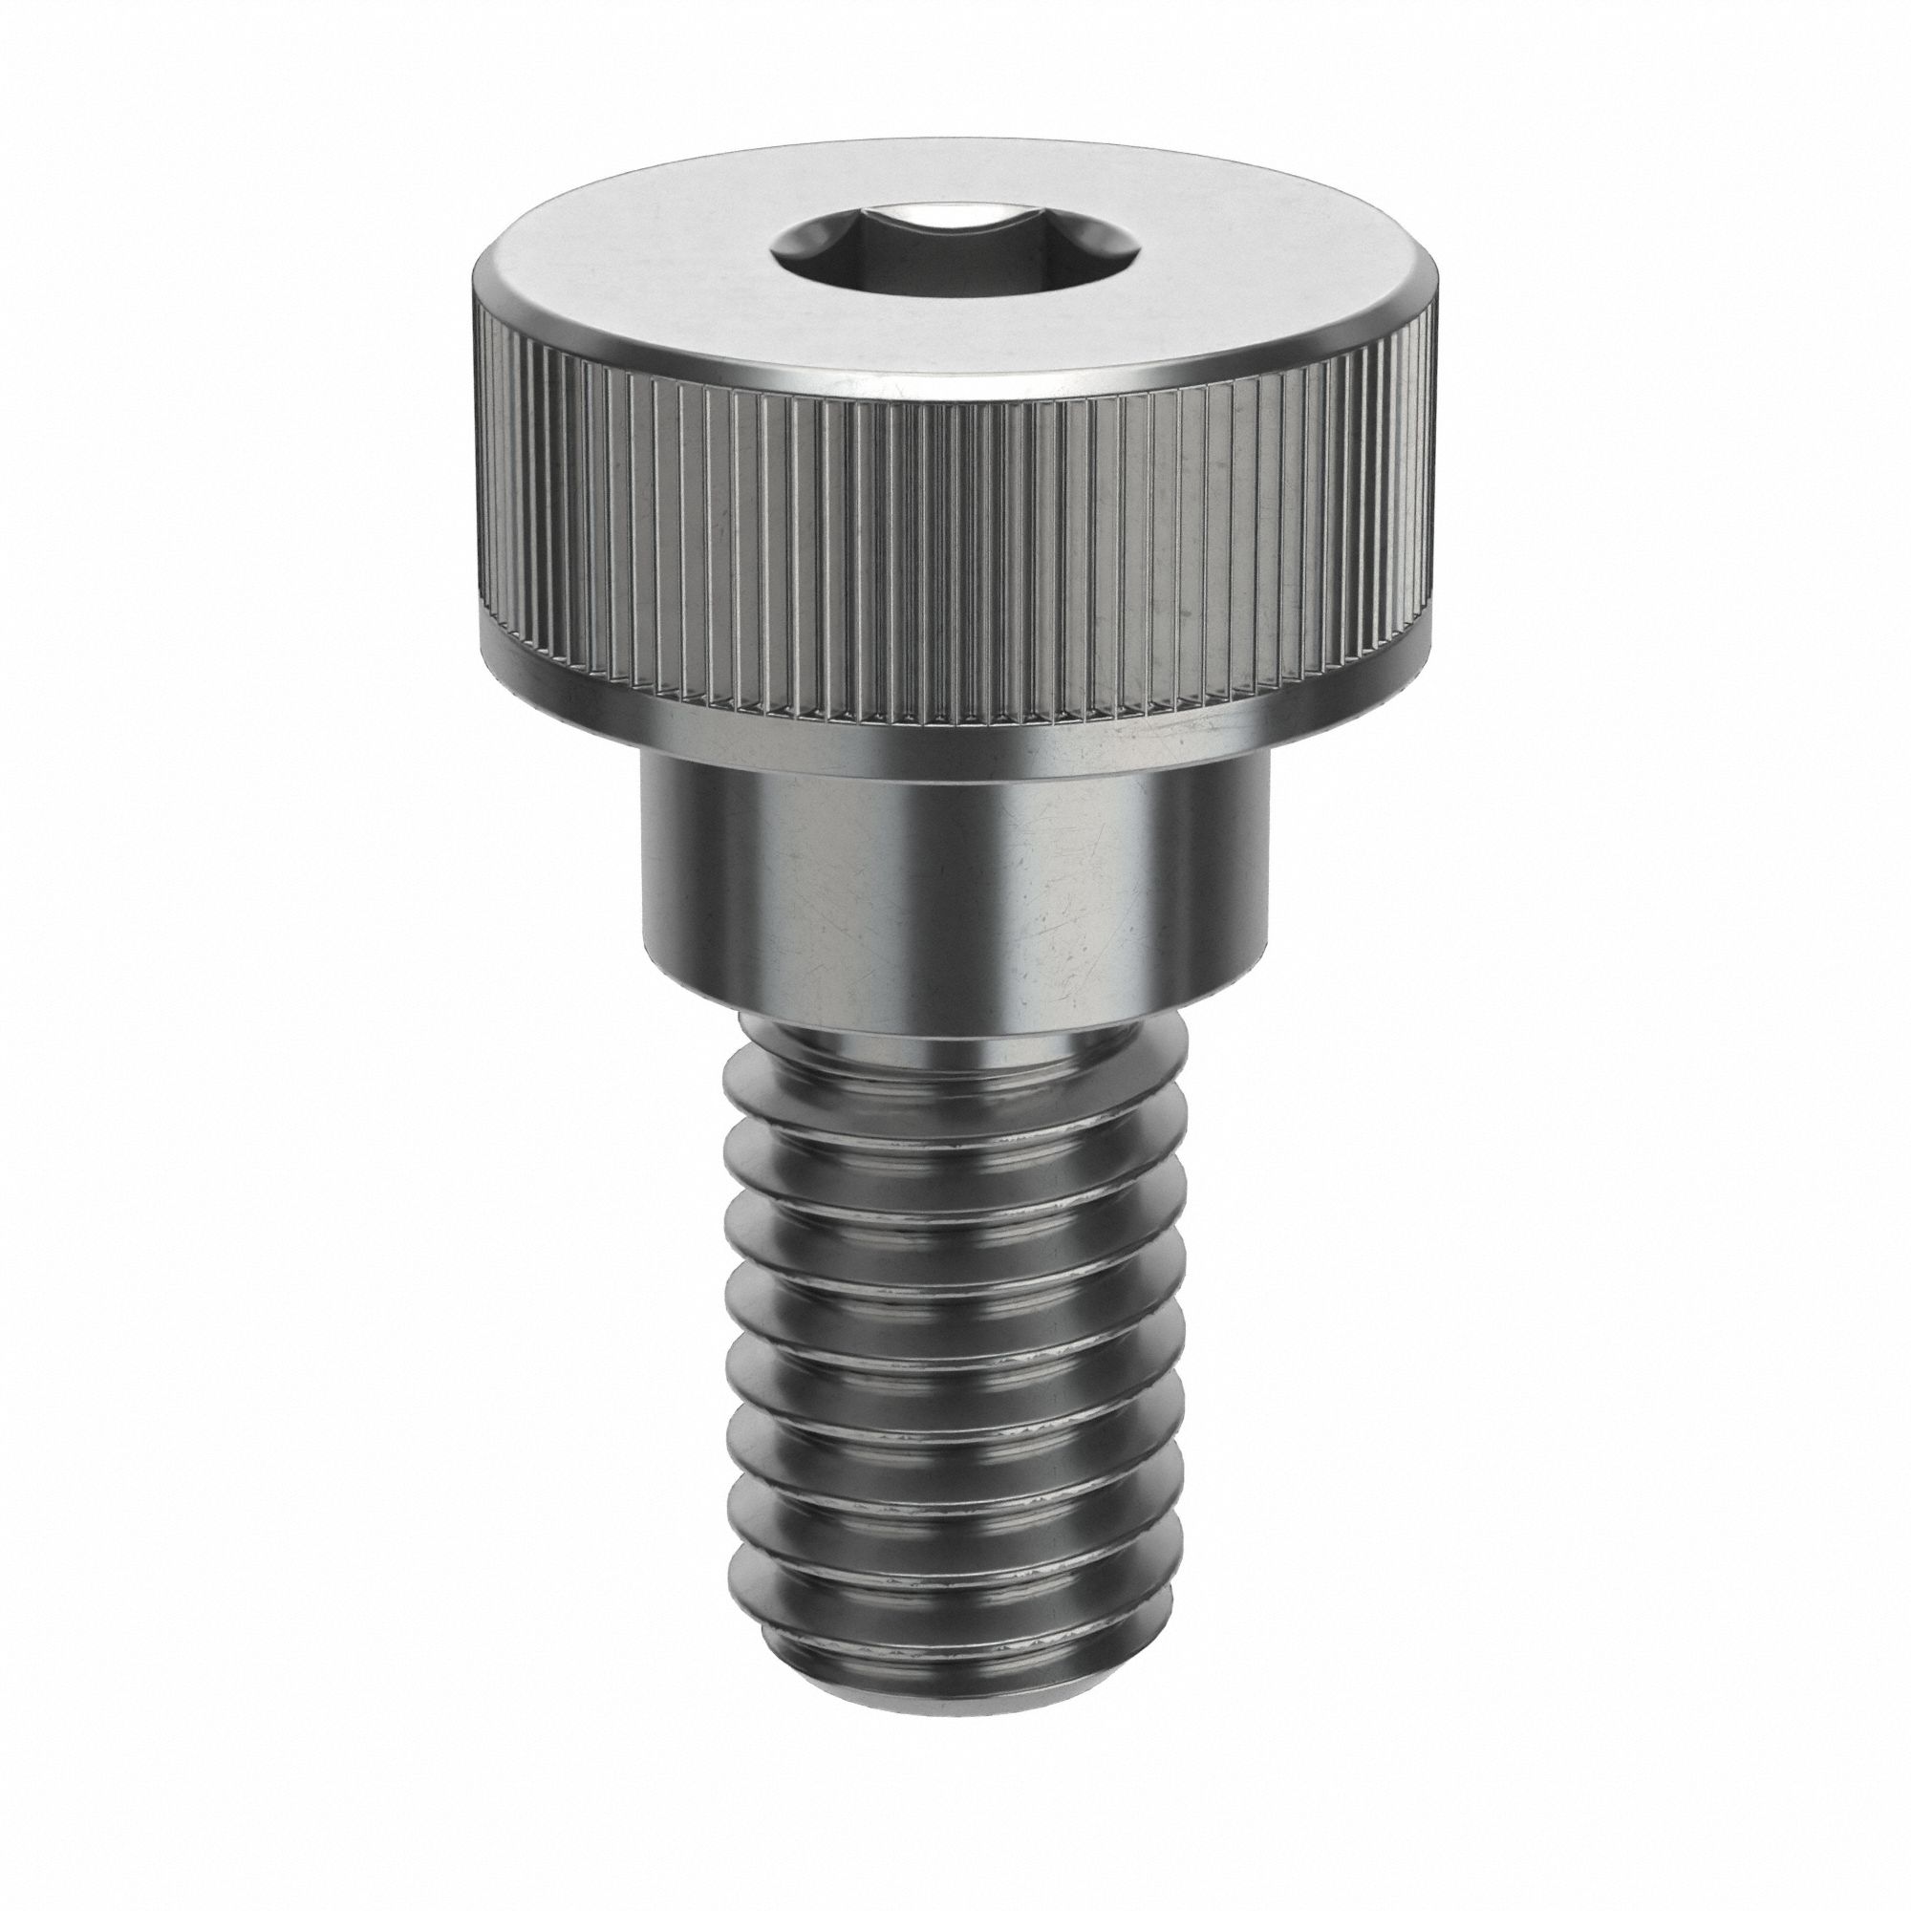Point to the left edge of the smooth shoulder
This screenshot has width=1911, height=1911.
pos(644,870)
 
